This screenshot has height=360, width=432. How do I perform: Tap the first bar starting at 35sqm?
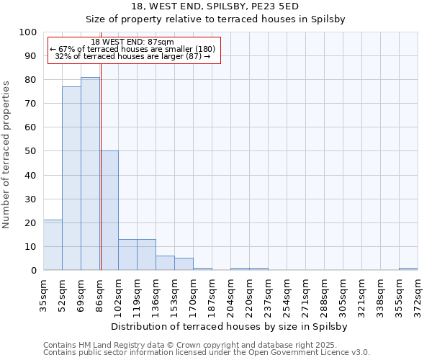(x=53, y=245)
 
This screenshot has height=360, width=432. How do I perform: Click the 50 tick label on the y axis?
(x=31, y=151)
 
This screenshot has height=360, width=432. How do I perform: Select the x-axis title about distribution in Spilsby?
(x=230, y=326)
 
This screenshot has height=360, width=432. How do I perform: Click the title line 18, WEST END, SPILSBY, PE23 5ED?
(x=216, y=6)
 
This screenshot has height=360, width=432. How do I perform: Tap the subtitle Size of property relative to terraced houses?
(x=216, y=19)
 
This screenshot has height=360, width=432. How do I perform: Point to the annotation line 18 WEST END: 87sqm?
(x=132, y=42)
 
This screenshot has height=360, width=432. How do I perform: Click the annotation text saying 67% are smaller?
(x=132, y=49)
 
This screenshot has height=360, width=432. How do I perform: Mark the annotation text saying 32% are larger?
(x=132, y=56)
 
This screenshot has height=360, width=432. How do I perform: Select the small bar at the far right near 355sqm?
(x=408, y=269)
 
